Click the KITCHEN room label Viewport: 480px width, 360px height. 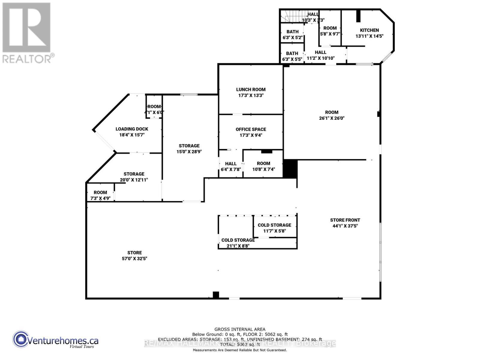coord(369,30)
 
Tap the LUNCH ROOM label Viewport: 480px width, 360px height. coord(251,89)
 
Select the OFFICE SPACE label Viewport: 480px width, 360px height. coord(251,129)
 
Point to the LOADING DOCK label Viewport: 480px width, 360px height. coord(132,129)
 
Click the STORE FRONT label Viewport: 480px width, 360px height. coord(345,220)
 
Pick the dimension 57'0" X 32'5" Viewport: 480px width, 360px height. coord(134,259)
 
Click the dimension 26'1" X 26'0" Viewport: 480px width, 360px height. coord(331,118)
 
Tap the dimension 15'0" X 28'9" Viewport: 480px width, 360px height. coord(189,152)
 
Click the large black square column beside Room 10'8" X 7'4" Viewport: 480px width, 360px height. coord(290,169)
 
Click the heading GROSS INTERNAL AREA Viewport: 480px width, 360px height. coord(240,329)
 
